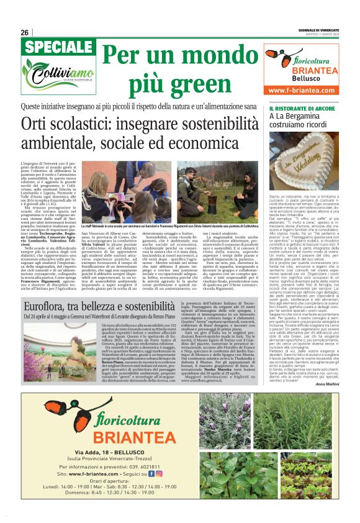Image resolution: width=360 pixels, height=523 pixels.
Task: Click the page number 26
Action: (24, 32)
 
